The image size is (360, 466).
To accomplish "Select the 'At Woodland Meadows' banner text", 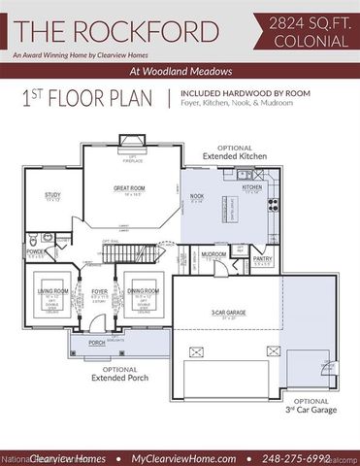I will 180,72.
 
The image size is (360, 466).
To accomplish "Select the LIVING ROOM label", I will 52,290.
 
